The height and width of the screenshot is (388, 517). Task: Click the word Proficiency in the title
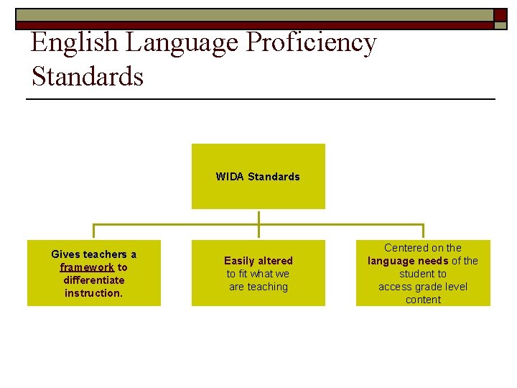click(311, 43)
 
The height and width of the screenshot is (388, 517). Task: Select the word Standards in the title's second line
click(87, 76)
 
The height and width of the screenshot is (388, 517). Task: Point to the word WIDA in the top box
click(230, 177)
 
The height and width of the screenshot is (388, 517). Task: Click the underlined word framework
click(87, 267)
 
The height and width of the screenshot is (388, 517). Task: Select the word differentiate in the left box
click(93, 280)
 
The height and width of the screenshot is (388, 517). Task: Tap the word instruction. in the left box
click(93, 293)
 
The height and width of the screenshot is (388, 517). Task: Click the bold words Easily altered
click(258, 261)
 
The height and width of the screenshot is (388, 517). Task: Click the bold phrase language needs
click(407, 261)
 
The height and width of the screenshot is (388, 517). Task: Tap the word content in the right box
click(423, 300)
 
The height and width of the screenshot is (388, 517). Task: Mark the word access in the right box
click(394, 287)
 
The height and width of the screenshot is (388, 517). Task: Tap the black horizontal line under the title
click(261, 98)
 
